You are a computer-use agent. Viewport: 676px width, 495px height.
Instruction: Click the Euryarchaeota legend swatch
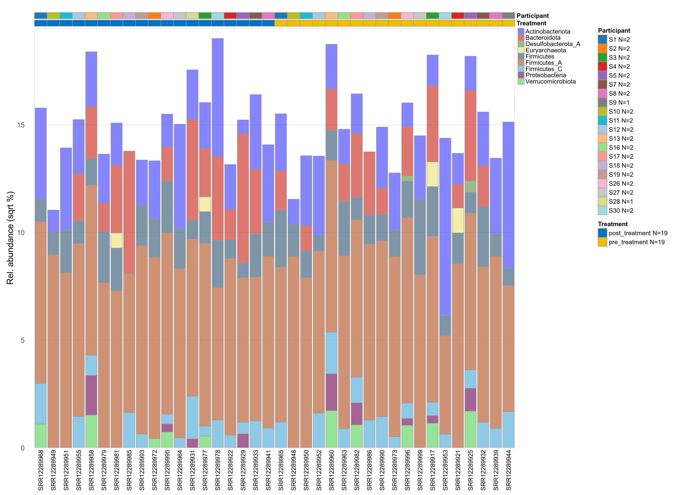[521, 50]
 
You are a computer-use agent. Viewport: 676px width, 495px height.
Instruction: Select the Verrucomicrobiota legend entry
[550, 81]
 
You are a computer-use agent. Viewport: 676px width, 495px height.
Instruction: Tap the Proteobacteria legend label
[545, 75]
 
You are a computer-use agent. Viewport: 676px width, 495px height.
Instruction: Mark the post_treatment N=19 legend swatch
[602, 233]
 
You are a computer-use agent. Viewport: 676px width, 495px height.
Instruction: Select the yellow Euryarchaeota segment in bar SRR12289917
[432, 174]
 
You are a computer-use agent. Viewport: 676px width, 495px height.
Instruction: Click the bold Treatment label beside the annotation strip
[531, 23]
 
